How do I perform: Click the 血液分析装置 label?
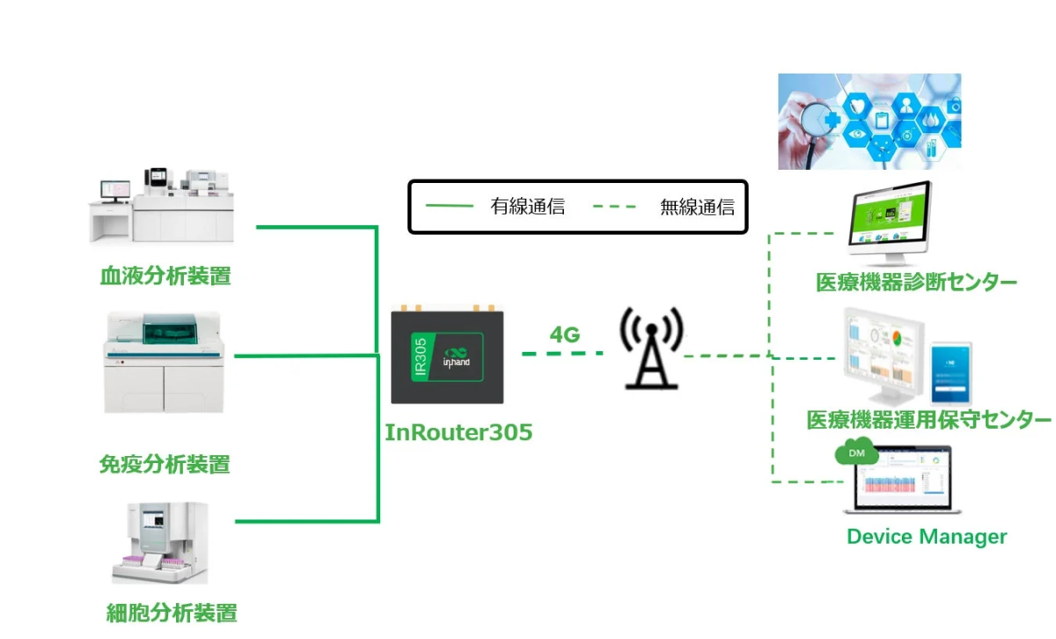[x=165, y=276]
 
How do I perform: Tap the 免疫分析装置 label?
[x=165, y=464]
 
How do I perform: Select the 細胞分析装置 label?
[x=172, y=613]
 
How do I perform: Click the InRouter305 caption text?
[x=458, y=433]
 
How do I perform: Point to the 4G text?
[x=565, y=334]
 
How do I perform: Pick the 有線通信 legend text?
[x=527, y=208]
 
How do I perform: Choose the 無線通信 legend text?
[x=697, y=208]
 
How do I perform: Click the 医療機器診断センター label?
[x=916, y=283]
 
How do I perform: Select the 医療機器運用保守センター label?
[x=929, y=420]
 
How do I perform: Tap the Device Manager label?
[x=927, y=536]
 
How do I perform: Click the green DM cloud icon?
[x=855, y=452]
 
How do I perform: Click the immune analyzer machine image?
[x=165, y=363]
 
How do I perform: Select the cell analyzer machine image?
[x=160, y=542]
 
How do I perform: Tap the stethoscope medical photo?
[x=869, y=121]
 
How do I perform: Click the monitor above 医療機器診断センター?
[x=888, y=220]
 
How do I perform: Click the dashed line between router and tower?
[x=563, y=354]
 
